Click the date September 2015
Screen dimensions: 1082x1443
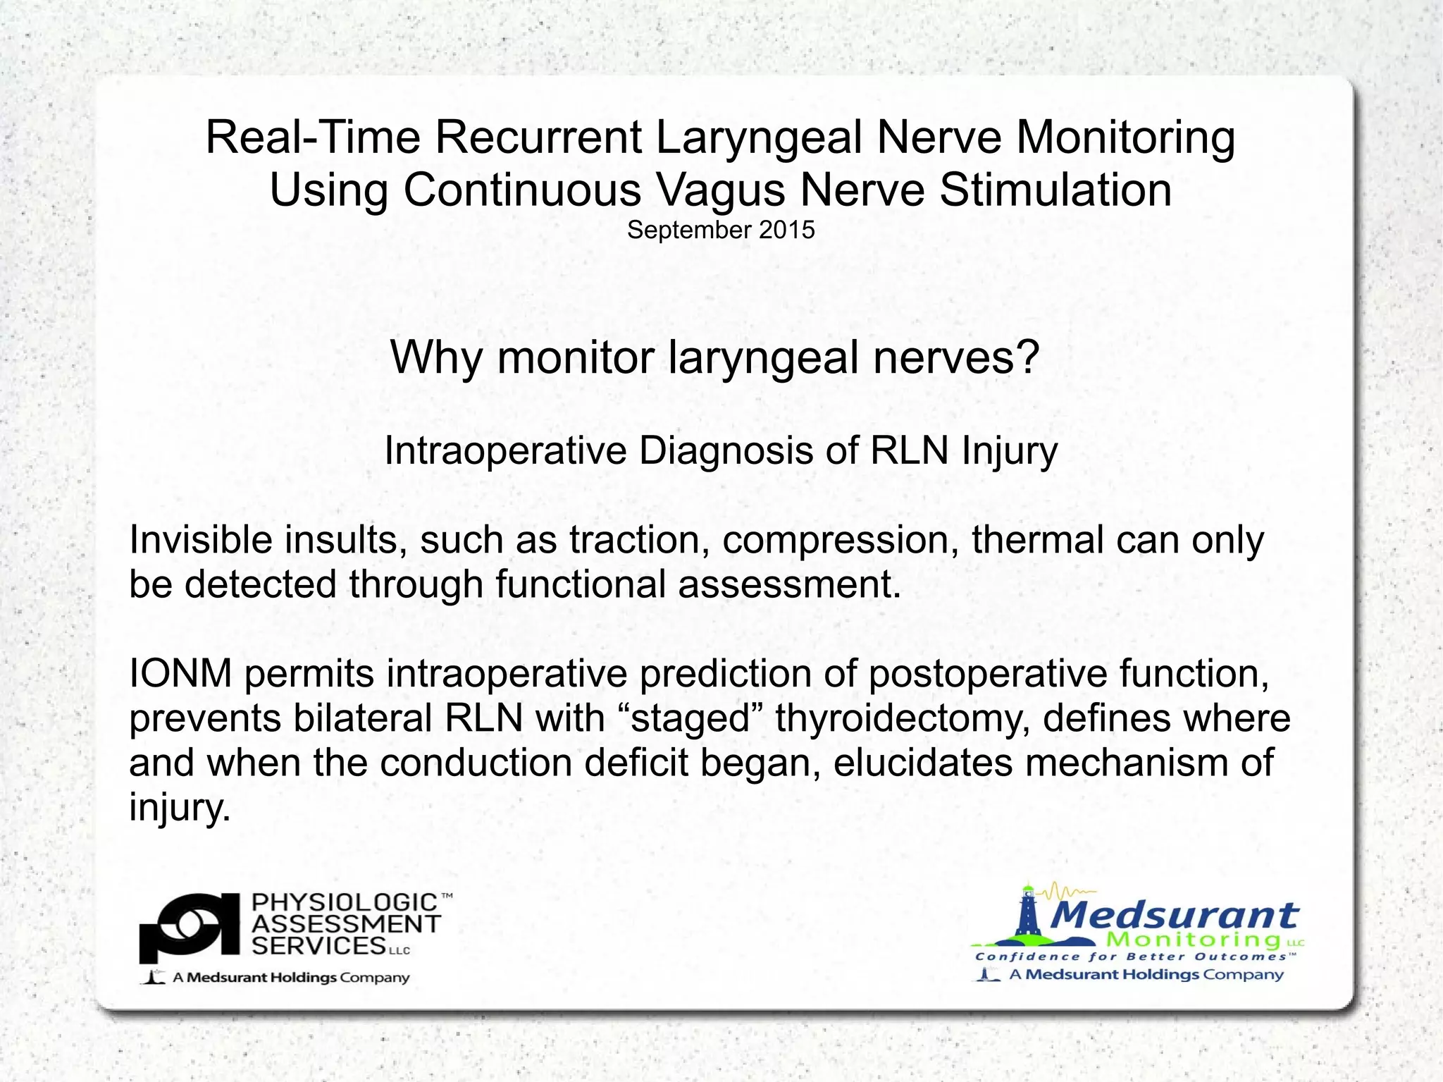coord(721,230)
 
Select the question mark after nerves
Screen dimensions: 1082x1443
coord(1027,357)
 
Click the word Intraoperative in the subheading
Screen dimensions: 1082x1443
coord(505,450)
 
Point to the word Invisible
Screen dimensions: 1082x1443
coord(200,540)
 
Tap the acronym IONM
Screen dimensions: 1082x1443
coord(180,673)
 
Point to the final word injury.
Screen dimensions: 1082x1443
coord(179,807)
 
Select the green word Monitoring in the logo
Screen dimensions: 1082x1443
coord(1193,940)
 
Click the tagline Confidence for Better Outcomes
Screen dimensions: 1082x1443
coord(1134,957)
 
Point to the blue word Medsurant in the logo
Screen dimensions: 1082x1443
coord(1174,915)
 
